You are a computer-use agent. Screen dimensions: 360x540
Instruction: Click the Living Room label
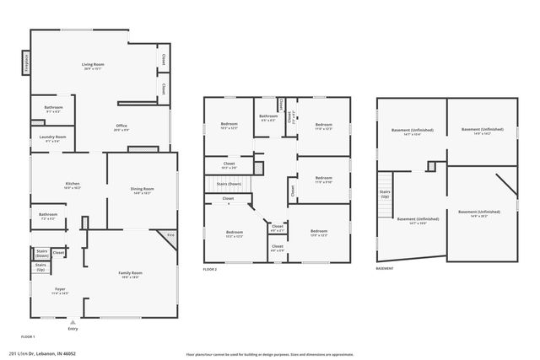[92, 65]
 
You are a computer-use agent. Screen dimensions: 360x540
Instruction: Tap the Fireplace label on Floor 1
[25, 62]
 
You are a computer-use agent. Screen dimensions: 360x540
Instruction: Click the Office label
[121, 127]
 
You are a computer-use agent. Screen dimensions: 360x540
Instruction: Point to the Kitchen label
[73, 185]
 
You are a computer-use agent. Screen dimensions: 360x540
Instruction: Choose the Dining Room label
[142, 191]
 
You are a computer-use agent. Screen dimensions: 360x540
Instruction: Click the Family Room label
[130, 274]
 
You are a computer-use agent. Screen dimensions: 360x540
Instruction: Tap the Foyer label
[59, 291]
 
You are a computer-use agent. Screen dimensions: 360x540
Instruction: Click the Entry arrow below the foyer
[73, 322]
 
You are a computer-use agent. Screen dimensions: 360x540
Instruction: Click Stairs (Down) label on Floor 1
[41, 252]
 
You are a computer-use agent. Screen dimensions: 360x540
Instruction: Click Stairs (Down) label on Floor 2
[229, 183]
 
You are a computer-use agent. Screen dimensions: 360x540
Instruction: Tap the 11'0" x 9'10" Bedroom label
[323, 179]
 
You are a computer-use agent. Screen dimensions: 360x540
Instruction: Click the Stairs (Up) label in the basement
[386, 194]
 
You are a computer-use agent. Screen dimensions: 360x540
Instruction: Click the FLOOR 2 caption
[210, 269]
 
